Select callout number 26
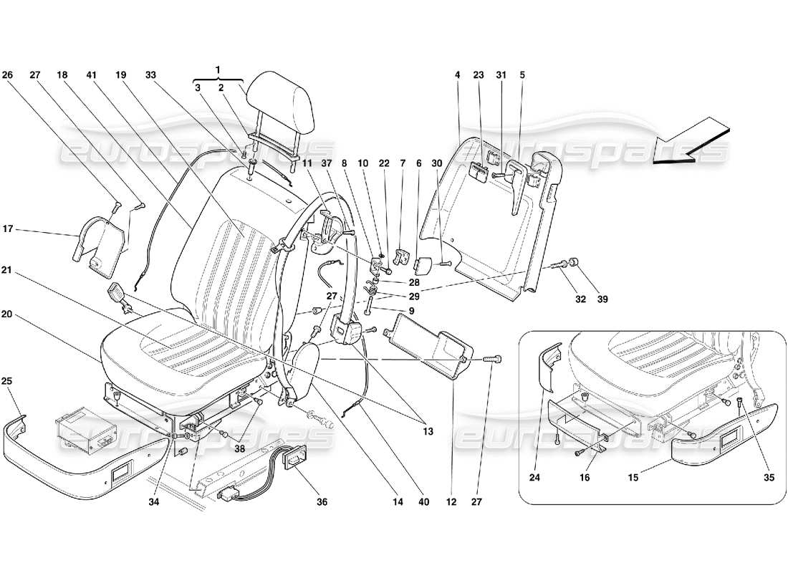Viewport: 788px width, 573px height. pos(8,74)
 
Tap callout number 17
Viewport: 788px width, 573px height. pos(8,230)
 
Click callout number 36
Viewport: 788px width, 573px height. pos(322,502)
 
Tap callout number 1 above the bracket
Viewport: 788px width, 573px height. pos(219,69)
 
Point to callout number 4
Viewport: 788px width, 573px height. pos(456,74)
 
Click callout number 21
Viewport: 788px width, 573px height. pos(8,270)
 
